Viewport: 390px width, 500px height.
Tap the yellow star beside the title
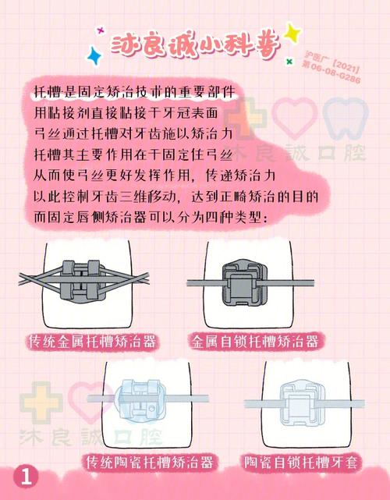click(x=292, y=32)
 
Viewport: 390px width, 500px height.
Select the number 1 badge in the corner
click(x=26, y=477)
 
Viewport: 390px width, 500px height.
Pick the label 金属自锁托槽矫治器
click(x=257, y=341)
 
